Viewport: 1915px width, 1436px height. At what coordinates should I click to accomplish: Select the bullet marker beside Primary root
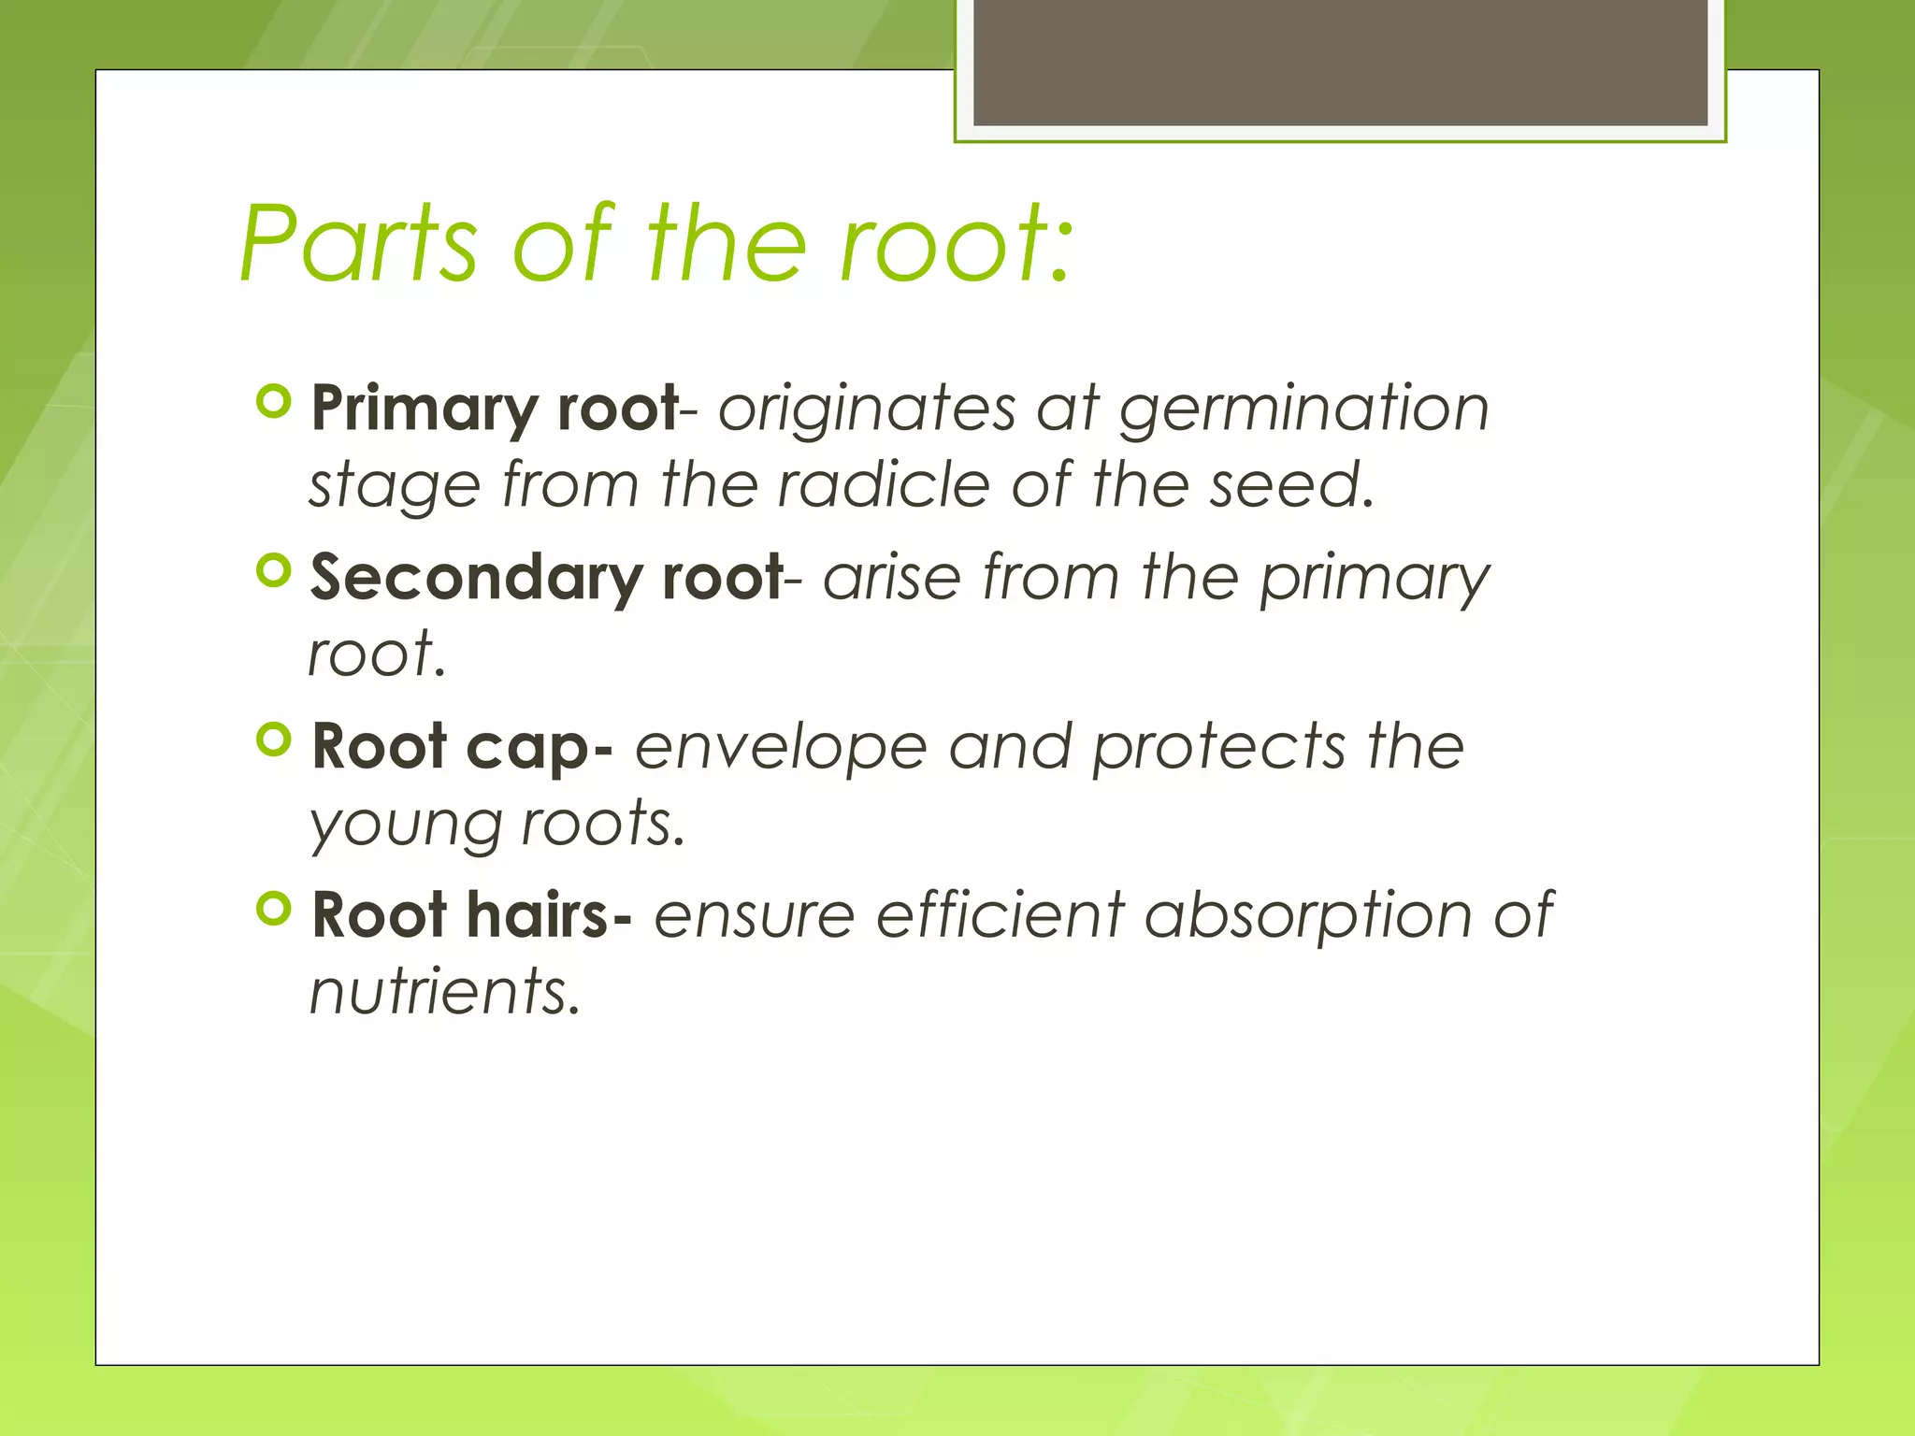pyautogui.click(x=274, y=402)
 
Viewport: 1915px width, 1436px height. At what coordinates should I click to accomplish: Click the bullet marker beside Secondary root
pyautogui.click(x=274, y=570)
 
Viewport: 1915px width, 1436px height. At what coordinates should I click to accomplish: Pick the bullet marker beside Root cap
pyautogui.click(x=274, y=740)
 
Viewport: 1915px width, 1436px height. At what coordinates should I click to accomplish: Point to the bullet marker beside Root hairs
pyautogui.click(x=274, y=908)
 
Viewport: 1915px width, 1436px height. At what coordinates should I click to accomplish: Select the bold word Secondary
pyautogui.click(x=475, y=579)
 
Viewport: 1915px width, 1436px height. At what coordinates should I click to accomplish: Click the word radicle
pyautogui.click(x=883, y=485)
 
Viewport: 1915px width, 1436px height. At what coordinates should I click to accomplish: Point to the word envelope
pyautogui.click(x=781, y=749)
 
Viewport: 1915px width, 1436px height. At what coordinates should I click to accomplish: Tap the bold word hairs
pyautogui.click(x=538, y=914)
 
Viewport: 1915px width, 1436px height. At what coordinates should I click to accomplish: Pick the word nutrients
pyautogui.click(x=444, y=991)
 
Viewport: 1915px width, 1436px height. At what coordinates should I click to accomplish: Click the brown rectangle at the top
pyautogui.click(x=1340, y=62)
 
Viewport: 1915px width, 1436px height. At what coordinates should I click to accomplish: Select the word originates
pyautogui.click(x=866, y=409)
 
